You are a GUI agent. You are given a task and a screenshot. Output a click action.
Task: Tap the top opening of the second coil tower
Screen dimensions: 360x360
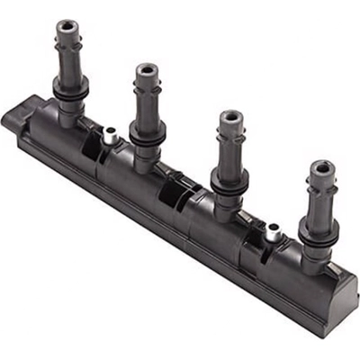pos(147,68)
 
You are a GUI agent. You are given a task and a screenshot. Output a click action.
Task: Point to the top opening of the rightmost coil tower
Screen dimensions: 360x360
pos(320,166)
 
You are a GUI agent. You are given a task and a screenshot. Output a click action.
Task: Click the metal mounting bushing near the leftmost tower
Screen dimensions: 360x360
pos(108,136)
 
